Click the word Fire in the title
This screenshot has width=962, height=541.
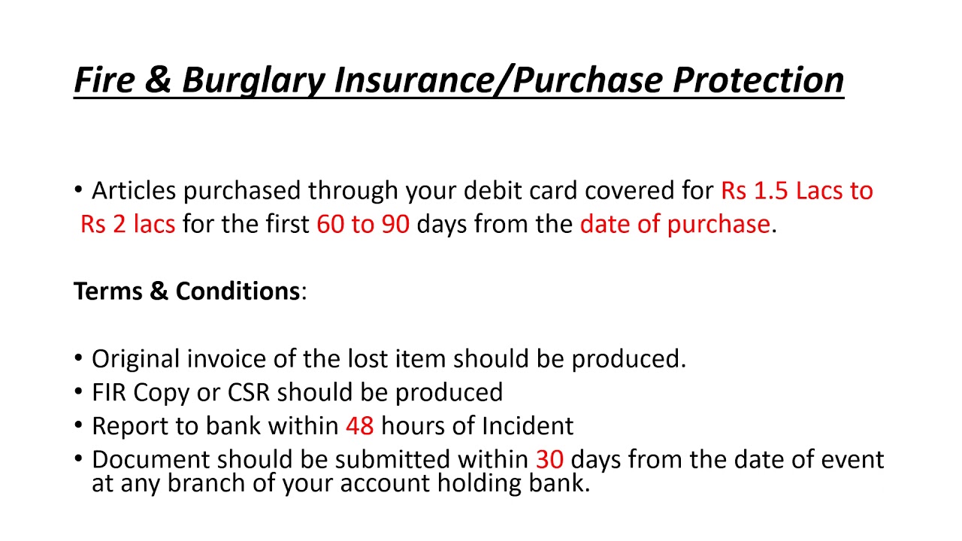coord(104,80)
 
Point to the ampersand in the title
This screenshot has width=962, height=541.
coord(157,80)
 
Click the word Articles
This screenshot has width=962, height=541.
coord(134,191)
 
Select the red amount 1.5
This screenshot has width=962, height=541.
coord(772,191)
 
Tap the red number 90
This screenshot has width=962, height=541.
coord(395,224)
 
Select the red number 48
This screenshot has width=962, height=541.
coord(359,426)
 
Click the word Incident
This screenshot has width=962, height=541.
coord(528,426)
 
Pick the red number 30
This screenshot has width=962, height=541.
coord(549,459)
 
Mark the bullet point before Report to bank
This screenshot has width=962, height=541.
coord(80,425)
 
